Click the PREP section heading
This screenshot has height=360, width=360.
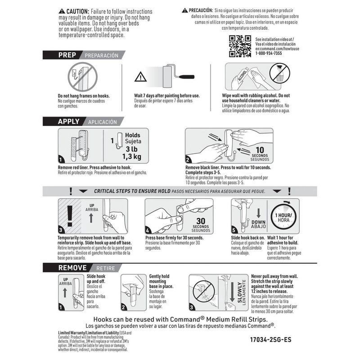click(x=63, y=55)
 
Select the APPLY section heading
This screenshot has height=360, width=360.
click(x=68, y=121)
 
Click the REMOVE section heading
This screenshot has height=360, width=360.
click(x=72, y=268)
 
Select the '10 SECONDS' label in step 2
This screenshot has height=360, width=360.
click(x=259, y=153)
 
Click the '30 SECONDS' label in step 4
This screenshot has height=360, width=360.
click(x=201, y=223)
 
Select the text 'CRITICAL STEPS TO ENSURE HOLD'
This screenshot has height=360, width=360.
click(x=126, y=191)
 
